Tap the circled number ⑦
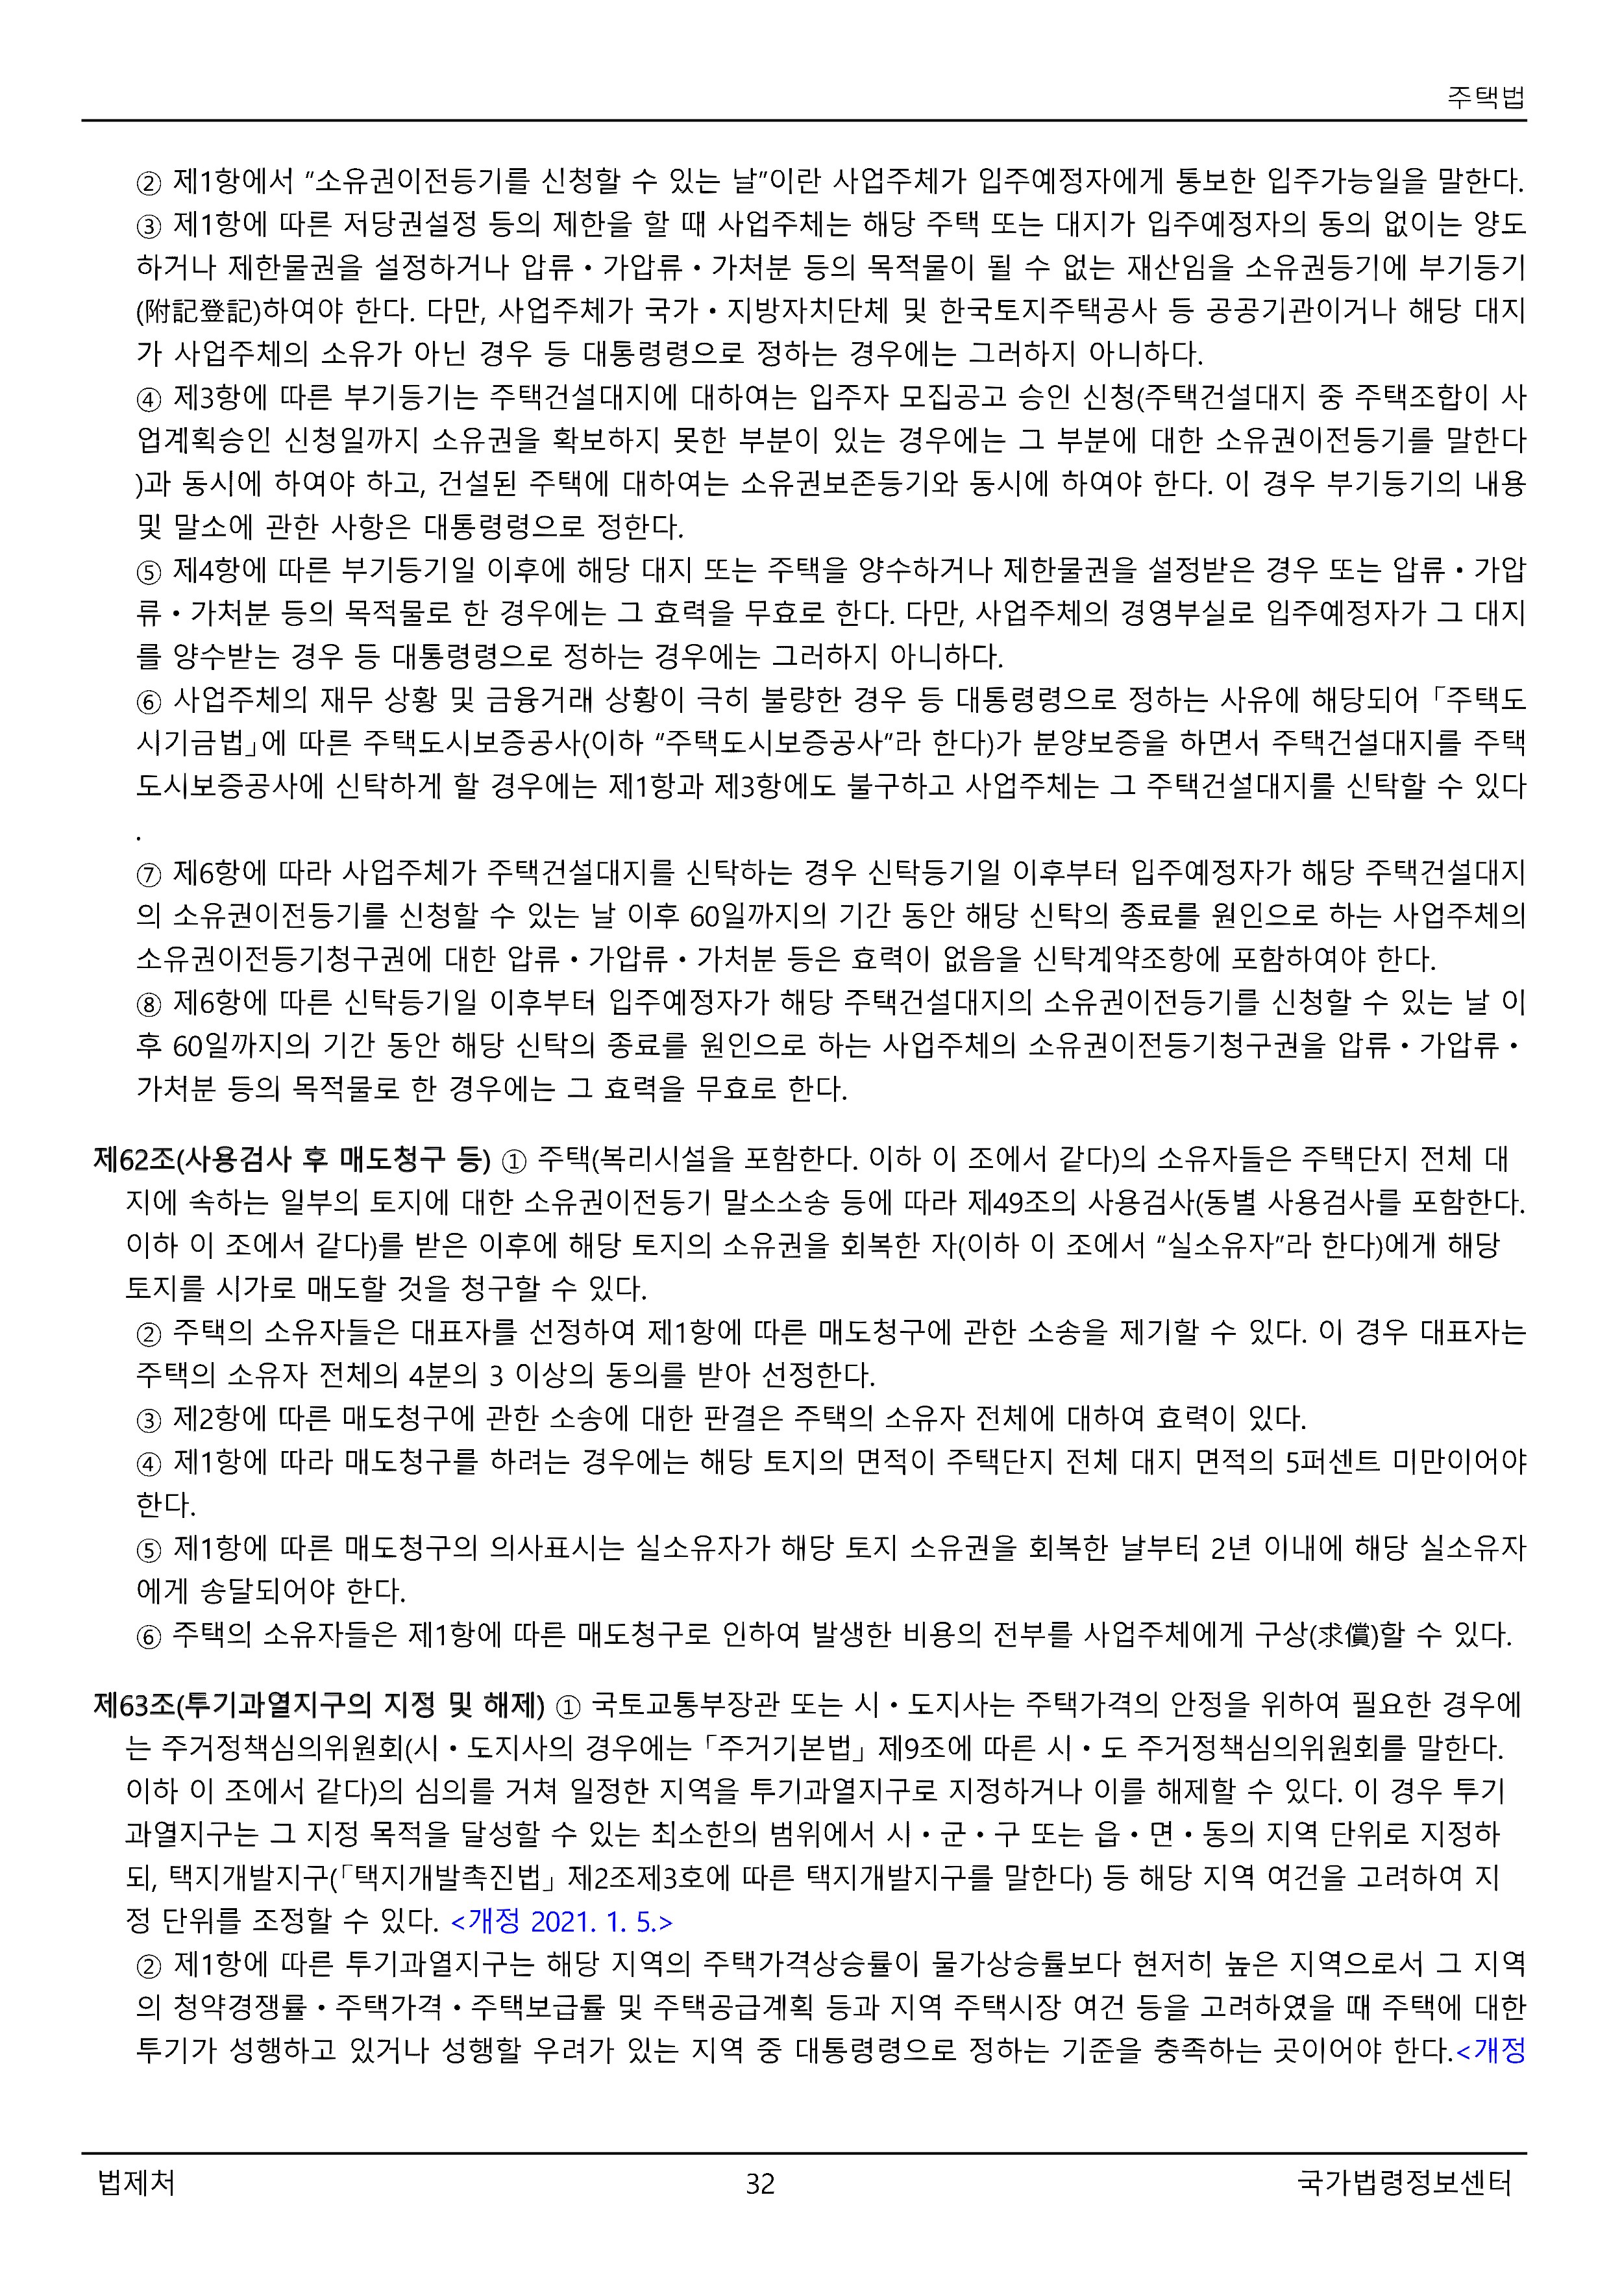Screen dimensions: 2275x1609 tap(149, 874)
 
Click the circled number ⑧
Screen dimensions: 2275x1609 tap(149, 1004)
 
